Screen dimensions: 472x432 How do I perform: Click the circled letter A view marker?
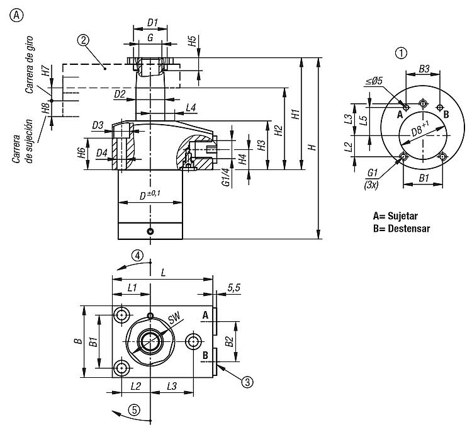click(x=16, y=14)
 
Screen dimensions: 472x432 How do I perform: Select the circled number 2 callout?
click(x=83, y=40)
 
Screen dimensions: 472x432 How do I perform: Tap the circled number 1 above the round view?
click(x=401, y=53)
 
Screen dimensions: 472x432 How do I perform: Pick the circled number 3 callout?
click(x=247, y=382)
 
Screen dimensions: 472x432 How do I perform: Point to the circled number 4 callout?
click(x=138, y=256)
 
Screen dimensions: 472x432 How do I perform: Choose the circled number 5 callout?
click(x=134, y=410)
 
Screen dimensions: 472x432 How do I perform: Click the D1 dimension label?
click(x=153, y=22)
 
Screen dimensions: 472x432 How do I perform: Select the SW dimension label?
click(x=174, y=318)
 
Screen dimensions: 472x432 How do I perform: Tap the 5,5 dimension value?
click(x=234, y=288)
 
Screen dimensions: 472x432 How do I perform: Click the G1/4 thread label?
click(x=227, y=177)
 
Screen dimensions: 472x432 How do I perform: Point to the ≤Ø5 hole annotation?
click(x=374, y=81)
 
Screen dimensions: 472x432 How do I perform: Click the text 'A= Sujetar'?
click(x=396, y=216)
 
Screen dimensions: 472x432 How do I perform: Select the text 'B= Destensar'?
click(x=402, y=229)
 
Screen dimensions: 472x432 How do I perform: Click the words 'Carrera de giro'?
click(x=29, y=65)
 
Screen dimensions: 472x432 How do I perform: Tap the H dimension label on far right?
click(x=313, y=147)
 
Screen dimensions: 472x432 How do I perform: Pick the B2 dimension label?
click(x=229, y=341)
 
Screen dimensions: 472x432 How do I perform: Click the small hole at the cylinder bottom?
click(x=150, y=231)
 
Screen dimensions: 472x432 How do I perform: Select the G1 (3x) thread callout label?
click(x=372, y=179)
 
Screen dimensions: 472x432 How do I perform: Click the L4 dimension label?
click(x=191, y=107)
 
